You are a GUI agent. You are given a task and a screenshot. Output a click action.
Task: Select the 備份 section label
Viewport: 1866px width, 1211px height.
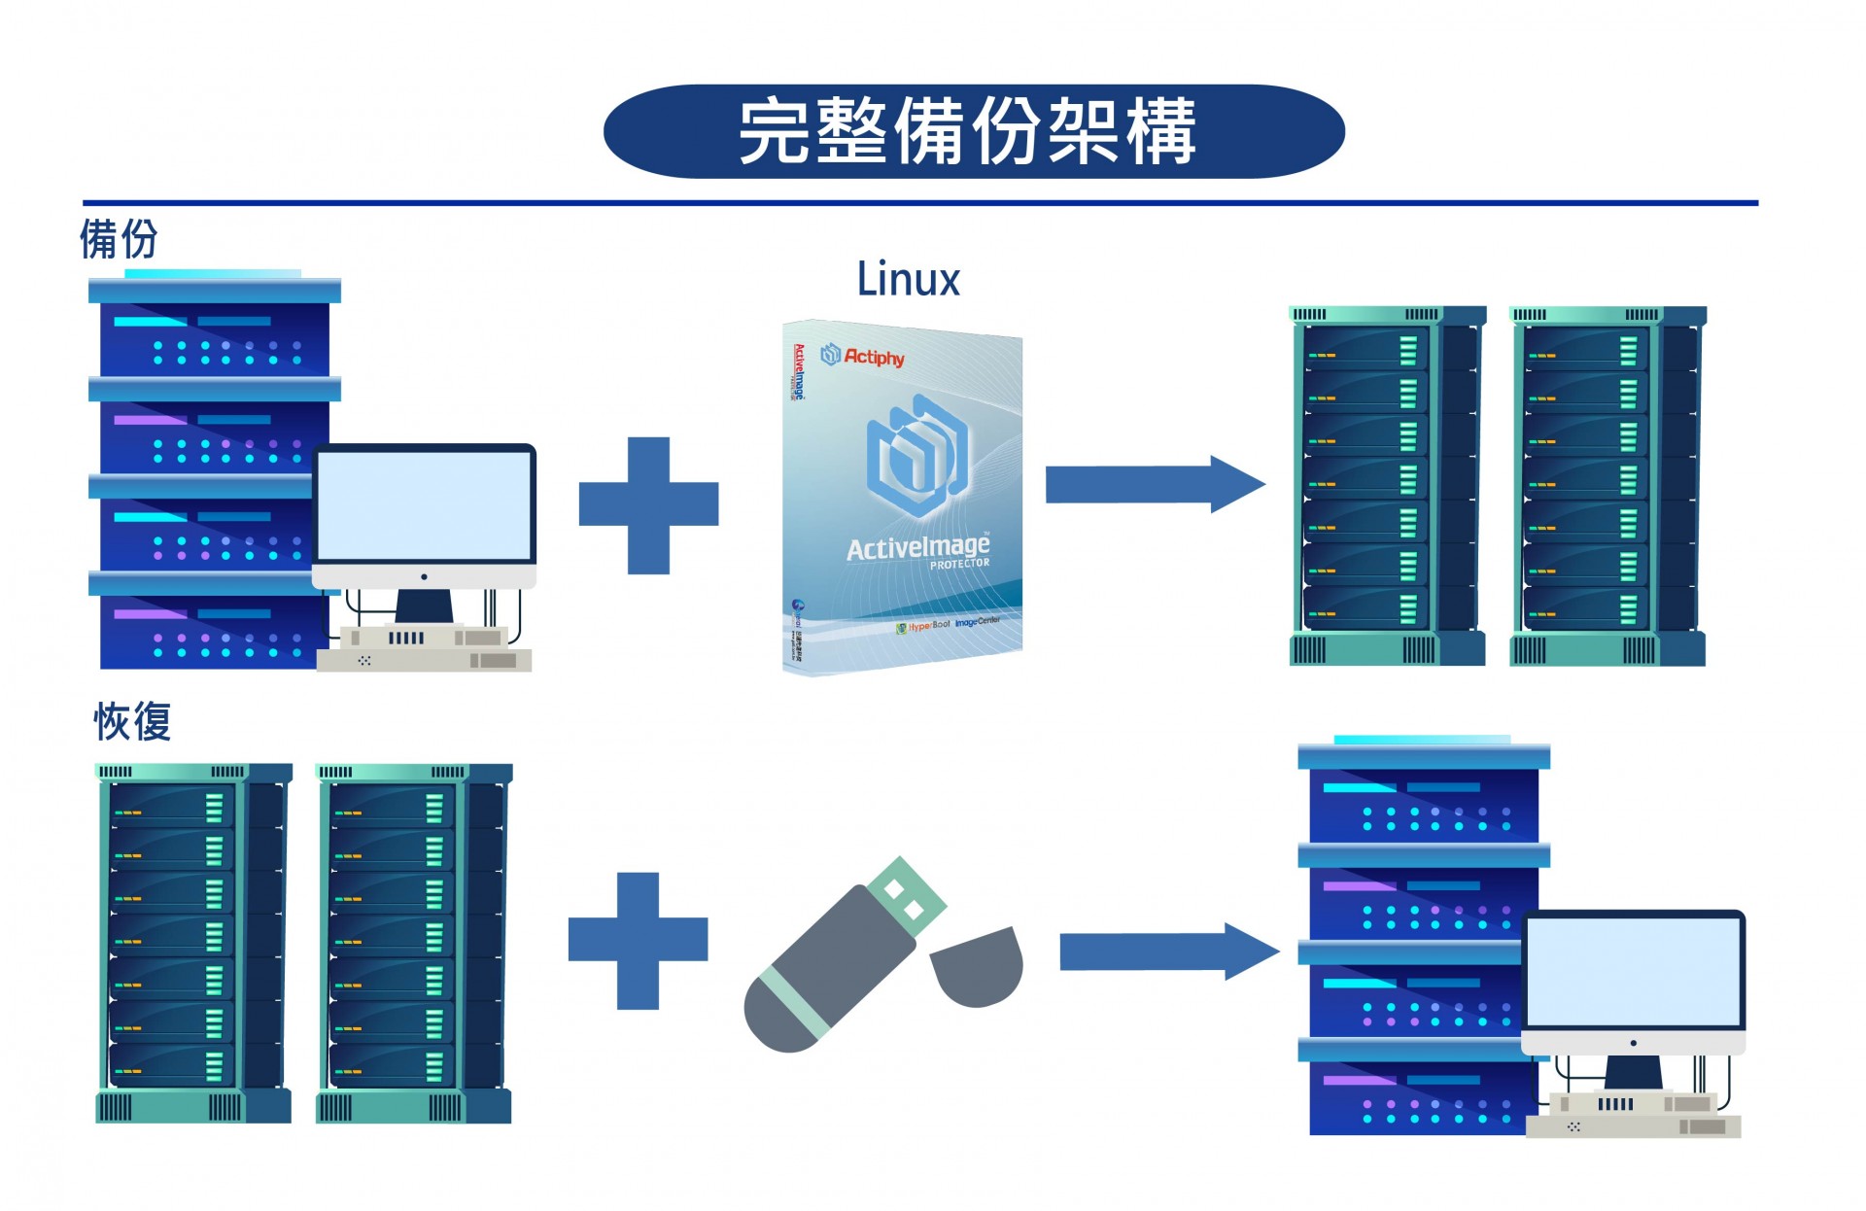pyautogui.click(x=118, y=239)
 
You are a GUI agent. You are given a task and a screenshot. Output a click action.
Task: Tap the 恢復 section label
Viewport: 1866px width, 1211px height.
pyautogui.click(x=132, y=722)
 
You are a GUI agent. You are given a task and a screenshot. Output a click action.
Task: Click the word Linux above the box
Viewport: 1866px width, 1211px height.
pyautogui.click(x=908, y=280)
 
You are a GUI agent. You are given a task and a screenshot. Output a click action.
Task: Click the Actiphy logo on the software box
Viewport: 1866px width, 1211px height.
pyautogui.click(x=863, y=356)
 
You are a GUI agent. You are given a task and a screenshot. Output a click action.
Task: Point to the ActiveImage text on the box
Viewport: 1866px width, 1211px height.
pyautogui.click(x=916, y=548)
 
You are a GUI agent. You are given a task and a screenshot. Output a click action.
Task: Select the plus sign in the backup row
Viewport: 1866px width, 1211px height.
pyautogui.click(x=648, y=504)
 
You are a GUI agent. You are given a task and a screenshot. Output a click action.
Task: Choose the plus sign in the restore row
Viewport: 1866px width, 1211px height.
pyautogui.click(x=638, y=940)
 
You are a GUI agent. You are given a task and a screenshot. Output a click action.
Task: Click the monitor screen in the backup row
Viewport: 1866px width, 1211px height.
pyautogui.click(x=425, y=505)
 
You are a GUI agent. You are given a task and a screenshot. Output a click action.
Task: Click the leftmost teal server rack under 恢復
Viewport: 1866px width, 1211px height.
pyautogui.click(x=193, y=943)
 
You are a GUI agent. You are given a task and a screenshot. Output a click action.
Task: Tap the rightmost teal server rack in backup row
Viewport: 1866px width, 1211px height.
pyautogui.click(x=1607, y=486)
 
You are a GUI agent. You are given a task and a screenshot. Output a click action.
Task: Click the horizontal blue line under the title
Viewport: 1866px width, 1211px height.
pyautogui.click(x=919, y=203)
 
